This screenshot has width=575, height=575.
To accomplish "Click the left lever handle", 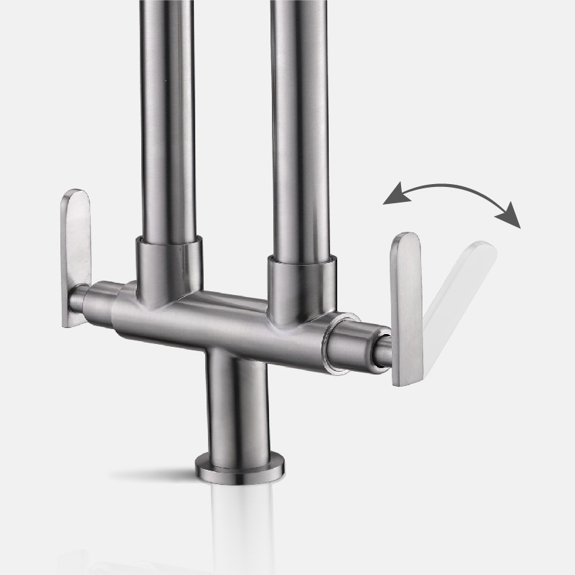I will [75, 256].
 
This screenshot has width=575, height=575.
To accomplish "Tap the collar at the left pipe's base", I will [168, 267].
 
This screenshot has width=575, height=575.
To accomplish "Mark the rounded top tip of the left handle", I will [76, 195].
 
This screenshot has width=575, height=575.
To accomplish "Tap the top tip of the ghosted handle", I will [483, 249].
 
